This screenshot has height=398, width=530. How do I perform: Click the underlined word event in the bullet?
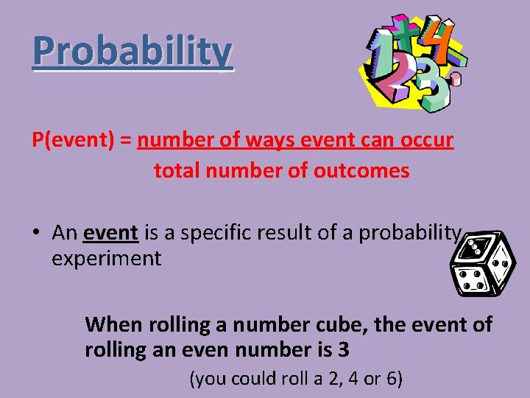click(x=110, y=233)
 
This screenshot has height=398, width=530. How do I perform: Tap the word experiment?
click(x=106, y=259)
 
